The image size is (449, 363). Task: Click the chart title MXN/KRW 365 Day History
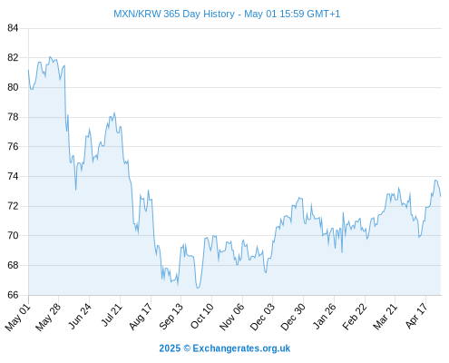tap(174, 14)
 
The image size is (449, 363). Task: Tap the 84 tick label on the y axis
tap(13, 28)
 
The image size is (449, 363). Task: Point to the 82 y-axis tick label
tap(13, 57)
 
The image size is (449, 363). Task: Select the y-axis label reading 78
tap(13, 117)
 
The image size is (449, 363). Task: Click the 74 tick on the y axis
tap(13, 176)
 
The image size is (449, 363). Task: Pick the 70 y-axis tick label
tap(13, 235)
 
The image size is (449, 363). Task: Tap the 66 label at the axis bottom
tap(13, 295)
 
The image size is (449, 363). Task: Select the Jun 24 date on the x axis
tap(80, 316)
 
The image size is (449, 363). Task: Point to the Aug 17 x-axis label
tap(141, 317)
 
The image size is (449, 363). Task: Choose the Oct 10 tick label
tap(201, 316)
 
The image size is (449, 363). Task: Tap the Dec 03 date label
tap(262, 317)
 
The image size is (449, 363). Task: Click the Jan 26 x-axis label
tap(324, 316)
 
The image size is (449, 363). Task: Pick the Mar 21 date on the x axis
tap(385, 317)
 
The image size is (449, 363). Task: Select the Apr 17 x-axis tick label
tap(416, 316)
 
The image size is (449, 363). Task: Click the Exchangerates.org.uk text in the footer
tap(241, 348)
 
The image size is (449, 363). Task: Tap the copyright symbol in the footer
tap(187, 348)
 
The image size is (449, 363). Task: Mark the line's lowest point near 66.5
tap(198, 288)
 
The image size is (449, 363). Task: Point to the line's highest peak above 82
tap(50, 56)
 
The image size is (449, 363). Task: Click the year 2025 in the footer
tap(170, 348)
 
